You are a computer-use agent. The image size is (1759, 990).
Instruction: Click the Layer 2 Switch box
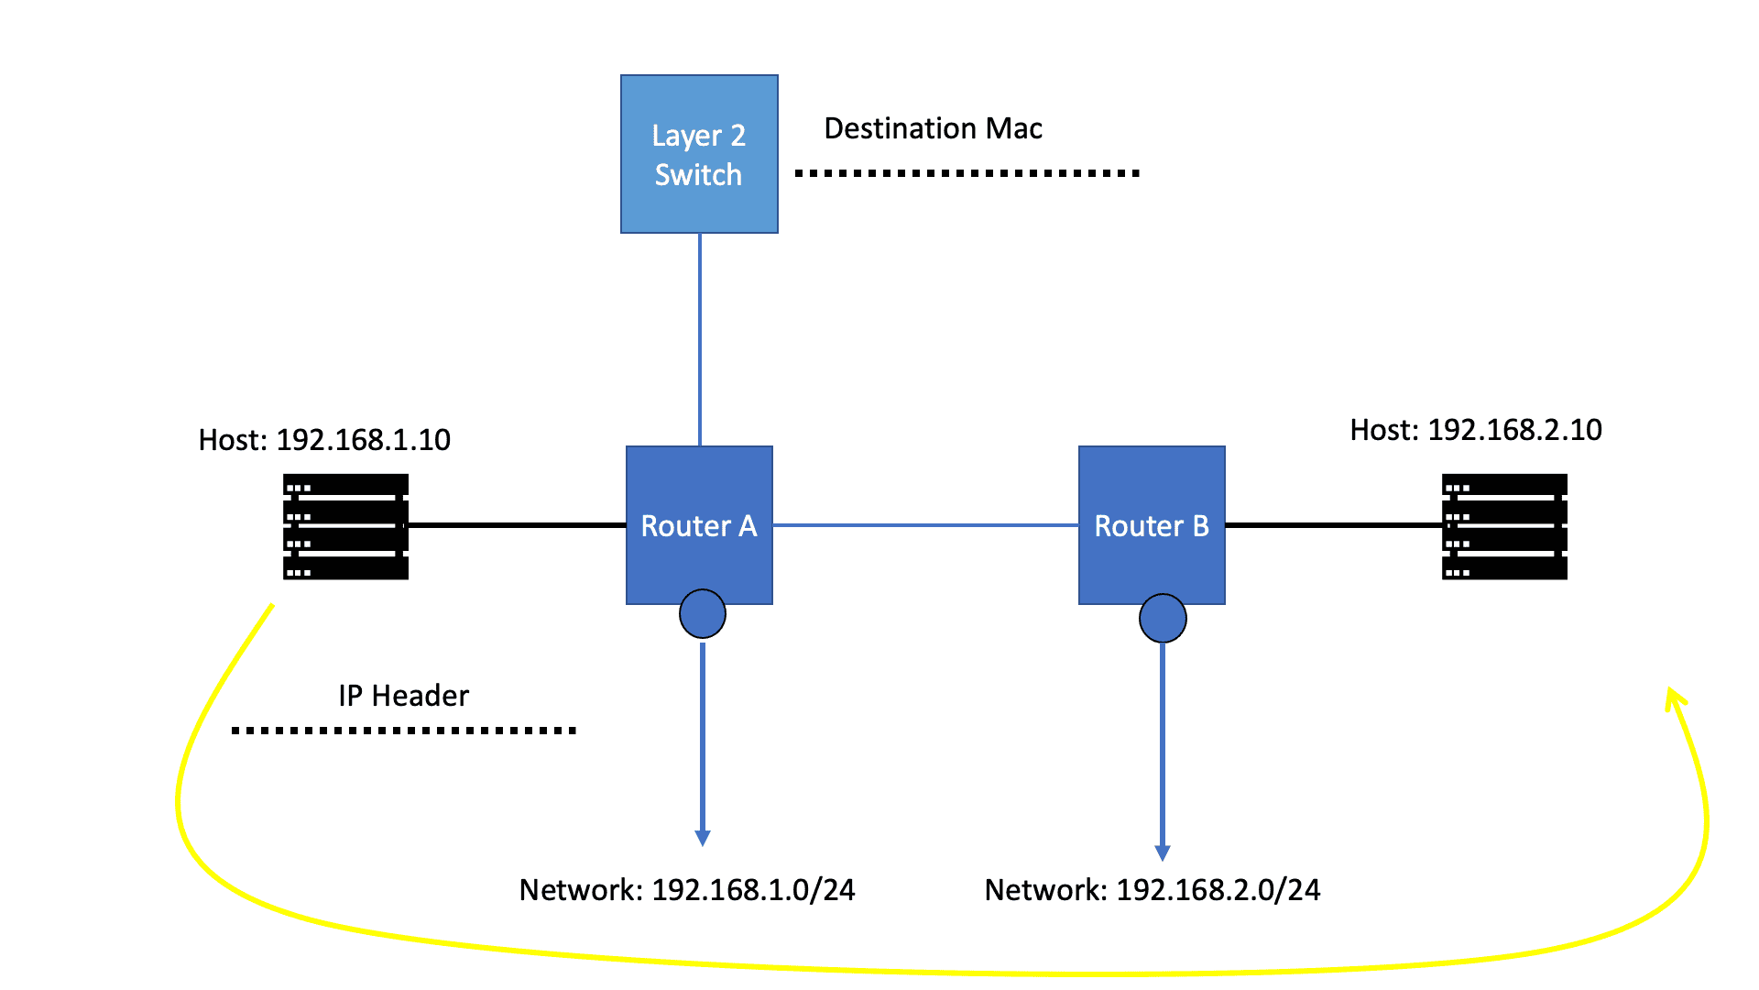(x=699, y=154)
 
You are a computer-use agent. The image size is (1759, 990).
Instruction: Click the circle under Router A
(x=703, y=614)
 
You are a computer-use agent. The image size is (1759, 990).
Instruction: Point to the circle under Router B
(x=1163, y=619)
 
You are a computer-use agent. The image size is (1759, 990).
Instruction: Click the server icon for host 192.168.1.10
(x=345, y=526)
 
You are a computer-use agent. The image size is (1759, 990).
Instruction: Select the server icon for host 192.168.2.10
(x=1504, y=526)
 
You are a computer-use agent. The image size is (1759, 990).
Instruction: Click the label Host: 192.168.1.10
(x=324, y=440)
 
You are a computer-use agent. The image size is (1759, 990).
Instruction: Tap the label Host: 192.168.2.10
(x=1476, y=430)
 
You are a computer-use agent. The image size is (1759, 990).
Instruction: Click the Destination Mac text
(x=933, y=128)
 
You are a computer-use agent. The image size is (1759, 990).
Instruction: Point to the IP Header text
(x=403, y=696)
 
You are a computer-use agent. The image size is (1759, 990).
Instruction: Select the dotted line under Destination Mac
(x=967, y=172)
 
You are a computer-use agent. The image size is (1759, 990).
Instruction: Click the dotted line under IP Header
(x=403, y=731)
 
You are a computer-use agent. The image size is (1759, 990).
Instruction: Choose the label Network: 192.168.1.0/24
(x=687, y=890)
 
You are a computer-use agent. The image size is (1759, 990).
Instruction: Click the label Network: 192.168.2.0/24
(x=1153, y=890)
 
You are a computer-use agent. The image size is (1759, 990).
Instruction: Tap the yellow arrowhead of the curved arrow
(x=1675, y=698)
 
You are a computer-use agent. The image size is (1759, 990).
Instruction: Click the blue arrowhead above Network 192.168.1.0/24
(x=703, y=838)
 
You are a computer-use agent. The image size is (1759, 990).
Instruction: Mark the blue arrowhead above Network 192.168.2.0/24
(x=1163, y=852)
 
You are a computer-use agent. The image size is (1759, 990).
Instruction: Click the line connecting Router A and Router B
(x=925, y=525)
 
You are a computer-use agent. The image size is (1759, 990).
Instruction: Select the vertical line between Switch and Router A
(x=700, y=339)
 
